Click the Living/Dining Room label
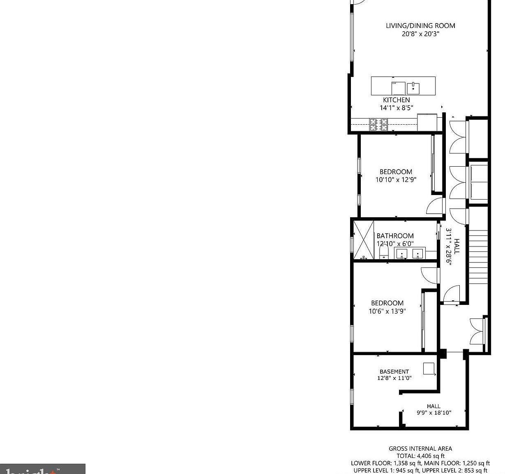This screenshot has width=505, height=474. [x=420, y=26]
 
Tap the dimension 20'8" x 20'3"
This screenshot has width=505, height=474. [x=420, y=34]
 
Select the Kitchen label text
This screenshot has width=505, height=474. [x=396, y=100]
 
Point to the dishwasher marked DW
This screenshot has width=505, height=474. [x=398, y=88]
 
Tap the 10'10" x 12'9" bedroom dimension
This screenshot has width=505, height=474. [x=396, y=180]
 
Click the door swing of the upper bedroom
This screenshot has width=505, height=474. [x=435, y=206]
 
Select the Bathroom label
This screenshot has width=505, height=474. [x=395, y=236]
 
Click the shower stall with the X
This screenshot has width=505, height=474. [x=364, y=240]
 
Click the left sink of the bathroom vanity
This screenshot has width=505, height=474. [x=401, y=253]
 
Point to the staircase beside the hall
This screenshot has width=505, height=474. [x=477, y=251]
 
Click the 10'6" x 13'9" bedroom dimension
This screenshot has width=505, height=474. [x=387, y=311]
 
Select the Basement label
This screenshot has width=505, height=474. [x=394, y=372]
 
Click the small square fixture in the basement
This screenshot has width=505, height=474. [x=429, y=368]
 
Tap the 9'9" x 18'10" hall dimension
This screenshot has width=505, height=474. [x=434, y=413]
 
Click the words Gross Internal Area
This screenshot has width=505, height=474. [x=420, y=449]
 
